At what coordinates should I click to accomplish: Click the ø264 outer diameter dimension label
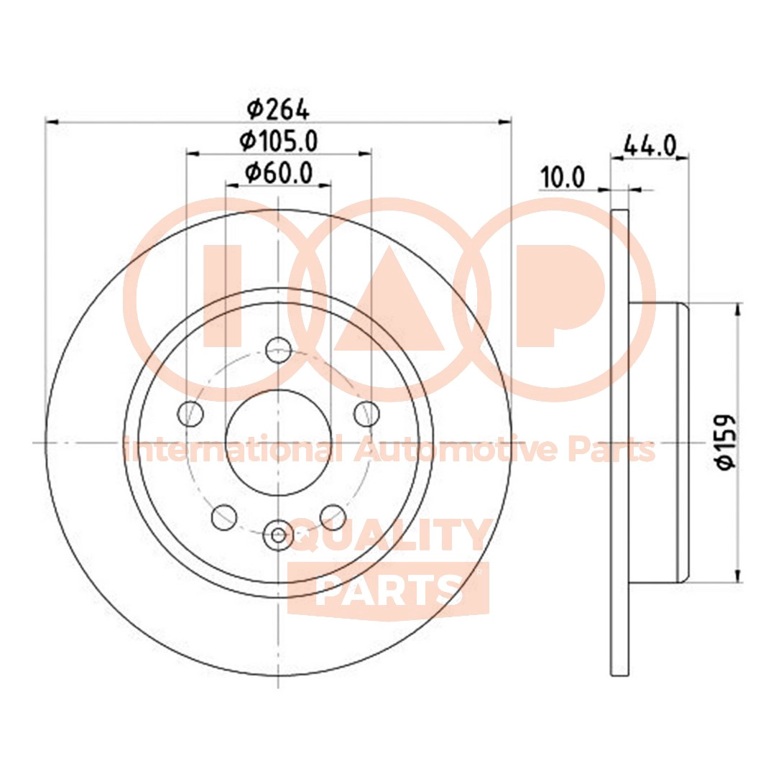tap(278, 109)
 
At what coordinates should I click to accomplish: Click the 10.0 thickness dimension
tap(563, 177)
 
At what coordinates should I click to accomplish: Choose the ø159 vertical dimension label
tap(727, 442)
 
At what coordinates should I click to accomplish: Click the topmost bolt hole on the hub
tap(278, 351)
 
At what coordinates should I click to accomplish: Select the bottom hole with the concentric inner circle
tap(278, 534)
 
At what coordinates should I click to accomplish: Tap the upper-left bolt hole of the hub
tap(190, 413)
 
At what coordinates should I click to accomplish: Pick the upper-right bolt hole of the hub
tap(366, 413)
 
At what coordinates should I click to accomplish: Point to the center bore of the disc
tap(278, 442)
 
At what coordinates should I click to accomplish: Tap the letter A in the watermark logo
tap(389, 302)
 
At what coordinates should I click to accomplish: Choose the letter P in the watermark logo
tap(553, 295)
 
